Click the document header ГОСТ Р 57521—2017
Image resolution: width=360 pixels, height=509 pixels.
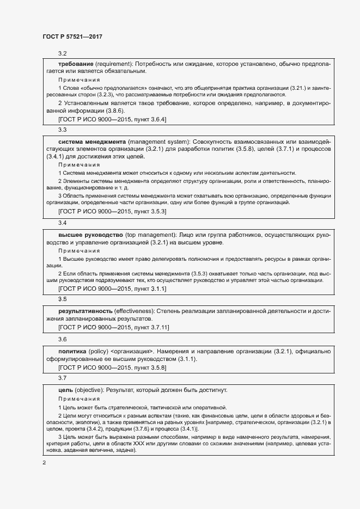pos(72,36)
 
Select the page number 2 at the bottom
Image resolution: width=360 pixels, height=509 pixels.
pos(44,462)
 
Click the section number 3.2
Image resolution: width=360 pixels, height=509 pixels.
pos(62,53)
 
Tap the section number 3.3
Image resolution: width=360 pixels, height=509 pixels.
pos(62,130)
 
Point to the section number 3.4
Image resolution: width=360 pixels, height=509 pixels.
pos(62,223)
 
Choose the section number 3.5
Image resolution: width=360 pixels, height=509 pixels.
pos(62,299)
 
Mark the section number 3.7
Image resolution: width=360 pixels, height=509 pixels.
pos(62,378)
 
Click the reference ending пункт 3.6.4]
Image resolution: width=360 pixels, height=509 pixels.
pos(148,119)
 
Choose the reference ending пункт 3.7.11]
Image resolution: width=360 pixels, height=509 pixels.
pos(150,327)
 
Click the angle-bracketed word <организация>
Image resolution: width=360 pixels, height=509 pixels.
pos(132,351)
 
